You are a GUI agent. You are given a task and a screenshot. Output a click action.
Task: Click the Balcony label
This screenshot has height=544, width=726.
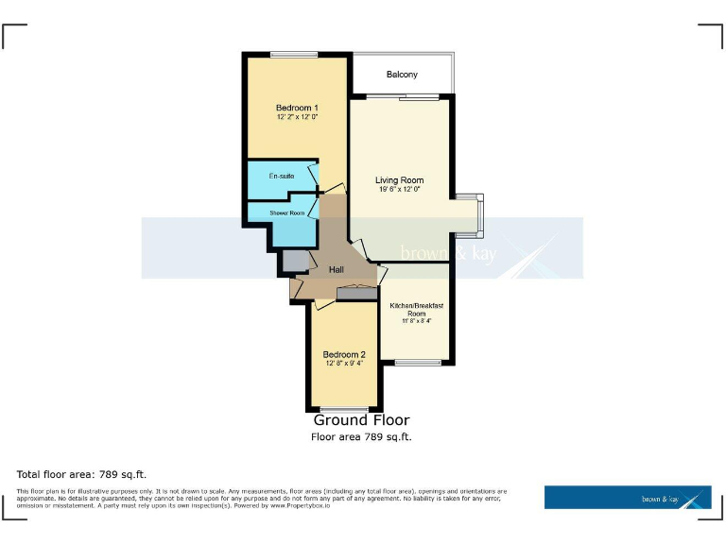[x=402, y=75]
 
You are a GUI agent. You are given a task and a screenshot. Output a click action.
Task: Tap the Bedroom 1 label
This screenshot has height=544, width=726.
[x=297, y=108]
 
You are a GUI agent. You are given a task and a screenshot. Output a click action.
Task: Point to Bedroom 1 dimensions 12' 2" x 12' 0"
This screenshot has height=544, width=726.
[x=297, y=118]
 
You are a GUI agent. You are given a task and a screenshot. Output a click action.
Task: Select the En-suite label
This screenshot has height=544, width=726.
[x=281, y=177]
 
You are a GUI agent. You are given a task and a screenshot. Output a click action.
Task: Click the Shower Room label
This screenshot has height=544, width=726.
[x=286, y=213]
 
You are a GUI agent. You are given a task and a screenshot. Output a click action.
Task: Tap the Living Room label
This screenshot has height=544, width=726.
[x=399, y=180]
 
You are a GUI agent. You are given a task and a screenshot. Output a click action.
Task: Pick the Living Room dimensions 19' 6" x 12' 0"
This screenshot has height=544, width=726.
[x=399, y=190]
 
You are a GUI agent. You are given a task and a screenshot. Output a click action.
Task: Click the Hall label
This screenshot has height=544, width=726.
[x=336, y=270]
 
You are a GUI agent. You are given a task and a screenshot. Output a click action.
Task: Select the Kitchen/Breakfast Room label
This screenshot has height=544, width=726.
[x=417, y=310]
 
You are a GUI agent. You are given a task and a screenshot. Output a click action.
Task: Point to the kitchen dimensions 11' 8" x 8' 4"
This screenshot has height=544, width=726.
[x=417, y=322]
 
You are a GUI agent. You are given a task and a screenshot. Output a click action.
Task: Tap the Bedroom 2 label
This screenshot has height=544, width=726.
[x=343, y=355]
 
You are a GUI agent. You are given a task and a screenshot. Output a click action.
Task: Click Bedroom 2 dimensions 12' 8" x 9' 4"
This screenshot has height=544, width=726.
[x=343, y=365]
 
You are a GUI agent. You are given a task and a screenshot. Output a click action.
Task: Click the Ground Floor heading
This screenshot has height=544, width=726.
[x=361, y=420]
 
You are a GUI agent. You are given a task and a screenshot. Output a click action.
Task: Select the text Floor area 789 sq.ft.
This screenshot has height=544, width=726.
[x=361, y=437]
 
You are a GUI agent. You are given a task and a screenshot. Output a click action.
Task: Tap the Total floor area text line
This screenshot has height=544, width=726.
[x=81, y=473]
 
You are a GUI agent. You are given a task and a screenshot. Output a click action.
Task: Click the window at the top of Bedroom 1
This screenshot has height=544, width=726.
[x=293, y=54]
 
